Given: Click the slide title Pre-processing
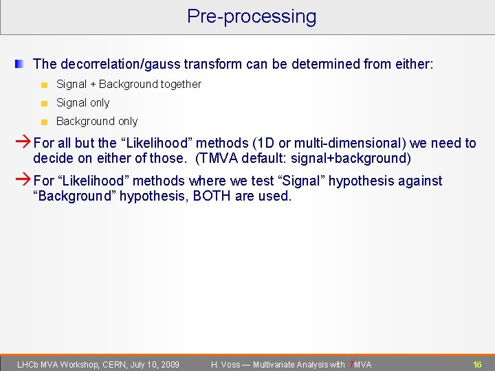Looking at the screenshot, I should tap(252, 16).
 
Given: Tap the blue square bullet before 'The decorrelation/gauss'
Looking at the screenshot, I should tap(20, 64).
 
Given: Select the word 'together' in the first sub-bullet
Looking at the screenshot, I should tap(181, 85).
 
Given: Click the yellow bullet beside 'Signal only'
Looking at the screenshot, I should tap(43, 104).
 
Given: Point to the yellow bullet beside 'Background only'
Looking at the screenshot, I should tap(43, 122).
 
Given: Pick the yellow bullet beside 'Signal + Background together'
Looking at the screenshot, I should tap(43, 85).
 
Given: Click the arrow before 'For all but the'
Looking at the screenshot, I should tap(23, 144).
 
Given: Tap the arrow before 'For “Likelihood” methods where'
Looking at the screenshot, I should tap(23, 181).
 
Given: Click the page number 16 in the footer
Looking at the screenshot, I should tap(477, 364).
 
